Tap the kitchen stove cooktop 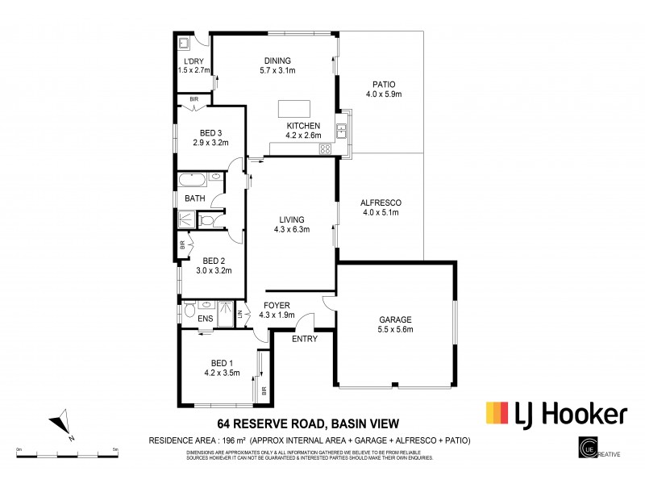[326, 148]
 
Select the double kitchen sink [342, 129]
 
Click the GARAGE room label [395, 319]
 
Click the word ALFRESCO [383, 202]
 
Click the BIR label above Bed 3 [193, 99]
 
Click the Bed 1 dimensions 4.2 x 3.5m [222, 373]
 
